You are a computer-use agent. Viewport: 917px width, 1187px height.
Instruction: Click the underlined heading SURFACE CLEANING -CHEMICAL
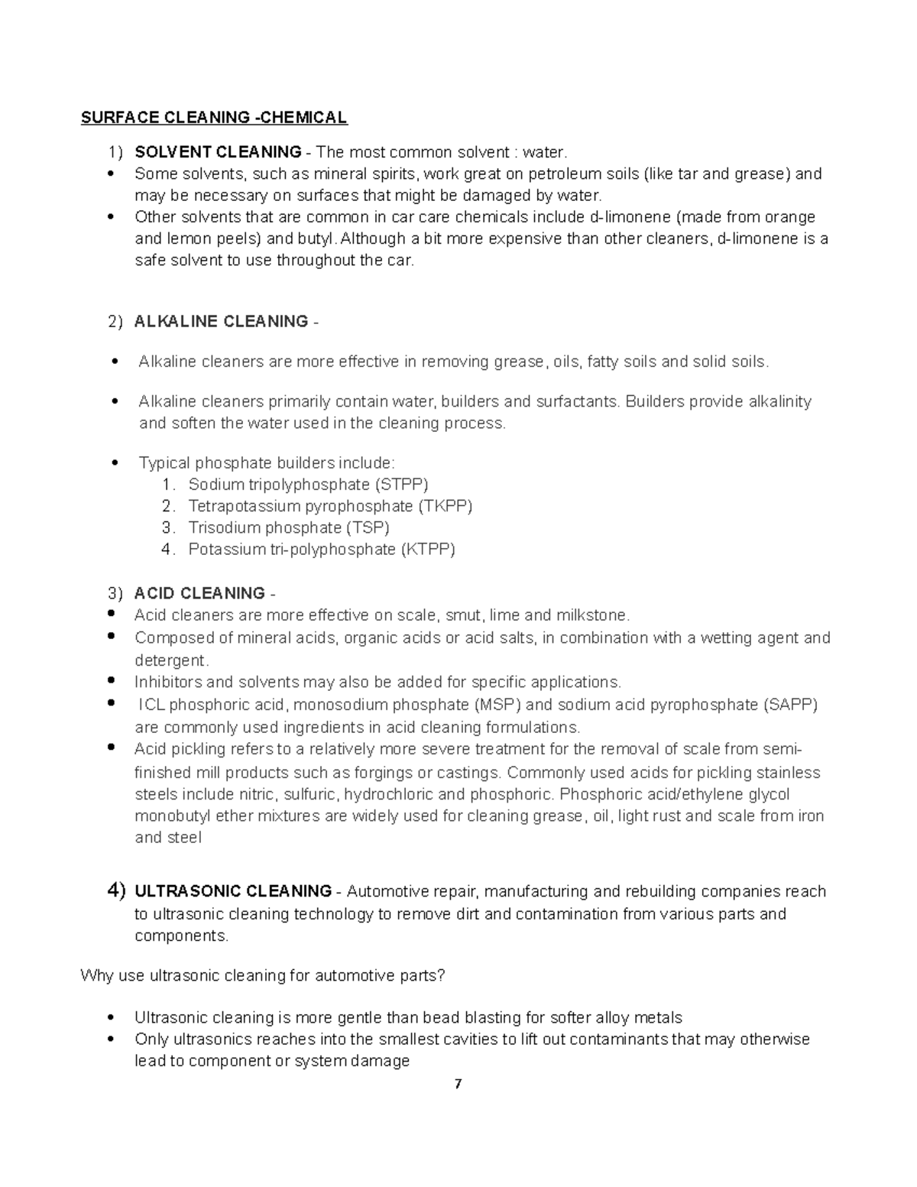pyautogui.click(x=214, y=118)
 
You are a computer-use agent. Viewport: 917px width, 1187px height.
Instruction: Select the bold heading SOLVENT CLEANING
pyautogui.click(x=218, y=152)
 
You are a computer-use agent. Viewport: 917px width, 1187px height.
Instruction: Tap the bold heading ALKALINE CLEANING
pyautogui.click(x=221, y=322)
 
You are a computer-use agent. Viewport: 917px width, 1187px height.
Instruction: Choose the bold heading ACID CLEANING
pyautogui.click(x=199, y=594)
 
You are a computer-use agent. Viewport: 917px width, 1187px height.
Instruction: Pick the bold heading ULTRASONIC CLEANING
pyautogui.click(x=233, y=891)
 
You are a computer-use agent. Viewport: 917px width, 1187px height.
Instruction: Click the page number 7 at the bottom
pyautogui.click(x=458, y=1084)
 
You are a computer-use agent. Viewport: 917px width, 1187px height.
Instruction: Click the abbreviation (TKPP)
pyautogui.click(x=445, y=506)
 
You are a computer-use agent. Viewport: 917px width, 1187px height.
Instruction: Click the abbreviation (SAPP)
pyautogui.click(x=790, y=705)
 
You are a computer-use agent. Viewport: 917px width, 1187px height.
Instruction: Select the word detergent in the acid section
pyautogui.click(x=170, y=660)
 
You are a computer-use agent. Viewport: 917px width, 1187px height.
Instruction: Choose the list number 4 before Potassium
pyautogui.click(x=167, y=549)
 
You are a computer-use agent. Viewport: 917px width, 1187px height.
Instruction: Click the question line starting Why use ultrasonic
pyautogui.click(x=262, y=976)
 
